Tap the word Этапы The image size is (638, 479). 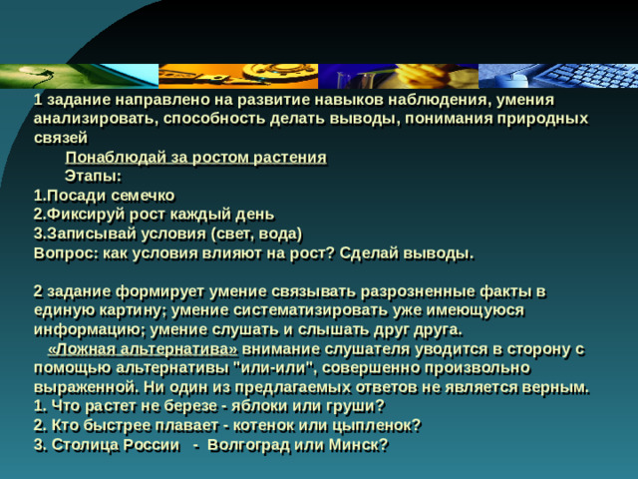92,176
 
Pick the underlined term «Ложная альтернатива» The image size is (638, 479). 142,348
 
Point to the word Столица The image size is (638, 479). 86,445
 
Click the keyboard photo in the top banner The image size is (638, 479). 578,76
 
